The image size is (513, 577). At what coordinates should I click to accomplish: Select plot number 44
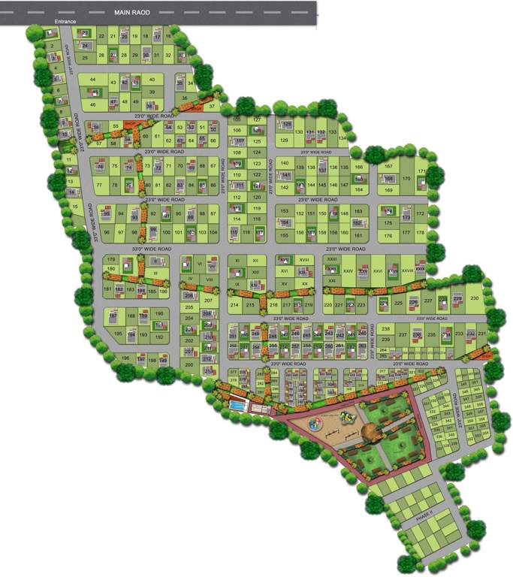[93, 79]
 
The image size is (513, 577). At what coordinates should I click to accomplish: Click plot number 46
[93, 104]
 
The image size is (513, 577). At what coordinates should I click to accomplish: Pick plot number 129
[284, 140]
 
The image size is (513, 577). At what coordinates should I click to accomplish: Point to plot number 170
[406, 179]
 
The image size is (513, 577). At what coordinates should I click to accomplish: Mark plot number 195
[117, 334]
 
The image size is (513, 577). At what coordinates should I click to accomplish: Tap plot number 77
[99, 184]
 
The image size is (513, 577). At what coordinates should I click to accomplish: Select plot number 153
[284, 212]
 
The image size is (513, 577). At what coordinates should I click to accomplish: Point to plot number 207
[209, 301]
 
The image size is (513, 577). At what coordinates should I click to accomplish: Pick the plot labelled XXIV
[348, 271]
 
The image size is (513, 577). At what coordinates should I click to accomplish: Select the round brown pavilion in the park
[371, 432]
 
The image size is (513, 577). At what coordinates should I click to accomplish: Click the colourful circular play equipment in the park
[319, 422]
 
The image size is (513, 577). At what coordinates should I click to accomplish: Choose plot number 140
[284, 163]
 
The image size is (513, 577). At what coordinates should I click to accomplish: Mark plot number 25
[85, 57]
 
